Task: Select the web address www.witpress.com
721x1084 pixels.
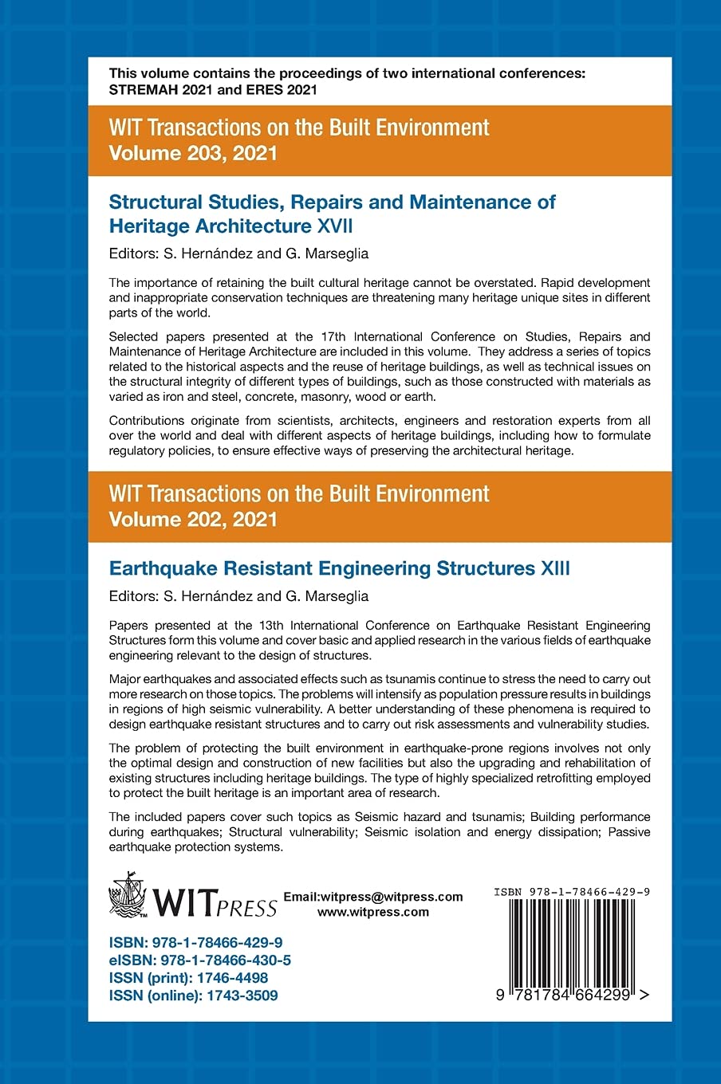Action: pyautogui.click(x=373, y=913)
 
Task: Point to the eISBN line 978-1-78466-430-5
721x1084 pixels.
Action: pyautogui.click(x=200, y=960)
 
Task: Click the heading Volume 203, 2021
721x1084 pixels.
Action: pyautogui.click(x=193, y=153)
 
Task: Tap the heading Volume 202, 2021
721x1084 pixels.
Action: pyautogui.click(x=193, y=520)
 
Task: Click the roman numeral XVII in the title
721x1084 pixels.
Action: pyautogui.click(x=335, y=226)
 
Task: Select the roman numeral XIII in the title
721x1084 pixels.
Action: pyautogui.click(x=555, y=568)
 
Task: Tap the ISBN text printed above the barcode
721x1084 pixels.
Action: pyautogui.click(x=571, y=892)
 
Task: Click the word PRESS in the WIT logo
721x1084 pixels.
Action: pyautogui.click(x=248, y=908)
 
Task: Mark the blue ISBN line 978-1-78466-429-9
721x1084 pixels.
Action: pyautogui.click(x=196, y=943)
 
